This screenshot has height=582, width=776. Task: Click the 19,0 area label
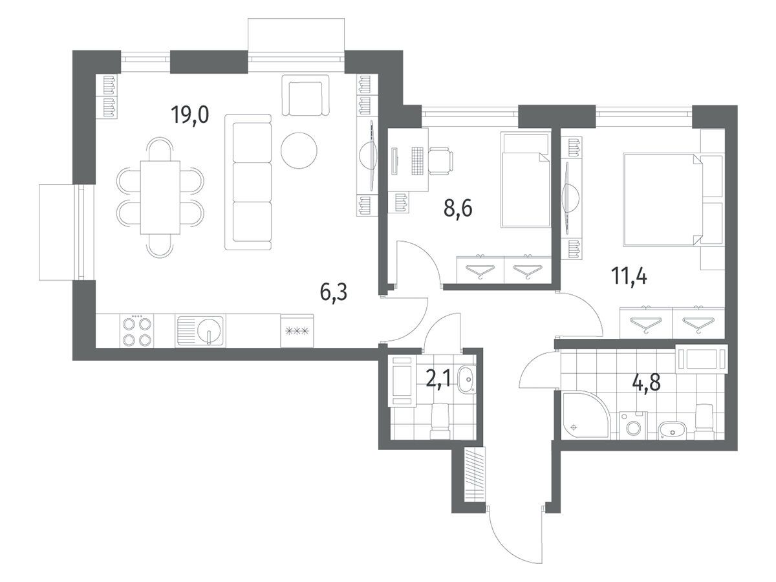point(190,115)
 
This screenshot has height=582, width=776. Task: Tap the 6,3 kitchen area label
point(334,292)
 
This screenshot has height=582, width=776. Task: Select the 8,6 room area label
point(458,208)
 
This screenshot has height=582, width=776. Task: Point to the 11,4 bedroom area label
point(629,276)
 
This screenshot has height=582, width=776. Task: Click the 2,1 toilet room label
point(438,380)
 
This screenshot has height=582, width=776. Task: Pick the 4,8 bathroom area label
point(647,382)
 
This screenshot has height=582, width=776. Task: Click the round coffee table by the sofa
point(299,150)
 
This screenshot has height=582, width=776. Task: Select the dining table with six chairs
point(160,197)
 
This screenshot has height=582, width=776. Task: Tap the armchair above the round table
point(305,94)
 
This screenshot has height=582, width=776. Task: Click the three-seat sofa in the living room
point(248,182)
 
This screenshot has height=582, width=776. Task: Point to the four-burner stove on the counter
point(137,331)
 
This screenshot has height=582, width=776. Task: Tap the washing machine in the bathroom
point(633,426)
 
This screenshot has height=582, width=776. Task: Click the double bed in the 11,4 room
point(674,199)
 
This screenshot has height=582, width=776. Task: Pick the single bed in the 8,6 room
point(526,180)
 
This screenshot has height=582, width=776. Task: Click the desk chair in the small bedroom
point(440,161)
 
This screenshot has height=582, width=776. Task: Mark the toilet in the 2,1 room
point(440,422)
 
